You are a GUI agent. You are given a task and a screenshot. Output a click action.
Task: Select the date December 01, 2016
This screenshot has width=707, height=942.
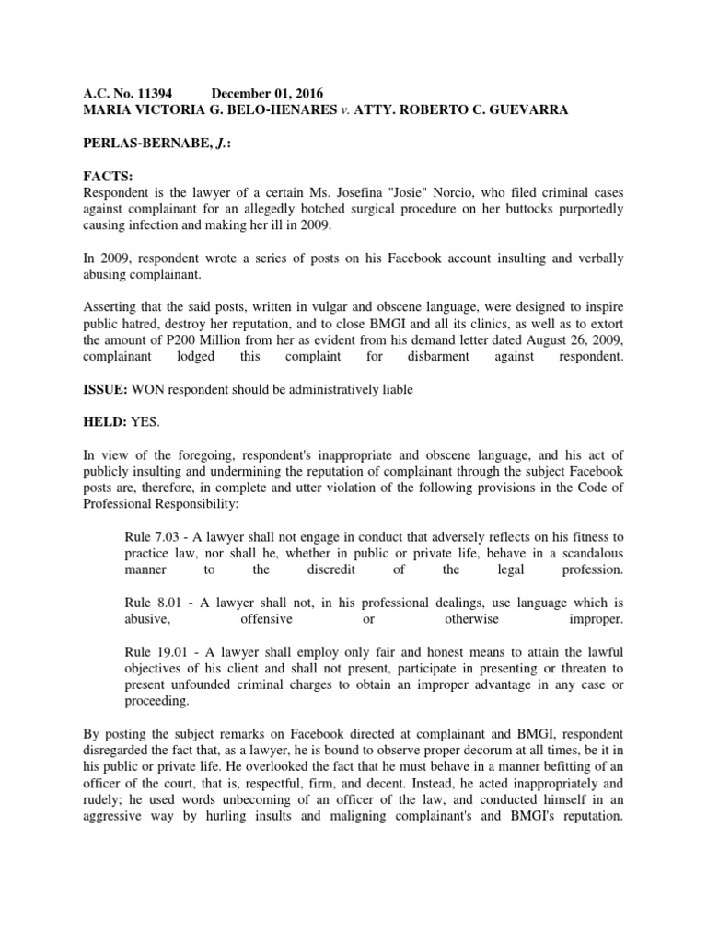[x=268, y=94]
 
